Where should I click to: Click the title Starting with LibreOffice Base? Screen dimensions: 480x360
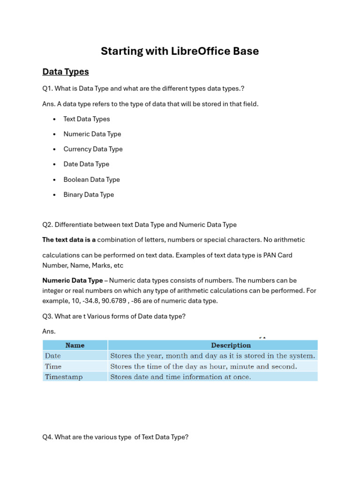coord(180,51)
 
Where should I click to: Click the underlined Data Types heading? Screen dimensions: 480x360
coord(65,72)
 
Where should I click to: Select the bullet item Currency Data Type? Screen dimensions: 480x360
coord(93,149)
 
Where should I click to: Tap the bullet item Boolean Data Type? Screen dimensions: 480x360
coord(91,180)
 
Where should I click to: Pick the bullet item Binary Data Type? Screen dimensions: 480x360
coord(89,195)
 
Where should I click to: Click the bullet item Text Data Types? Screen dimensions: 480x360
coord(86,119)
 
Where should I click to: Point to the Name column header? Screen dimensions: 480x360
coord(75,345)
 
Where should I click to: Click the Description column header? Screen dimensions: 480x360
coord(231,345)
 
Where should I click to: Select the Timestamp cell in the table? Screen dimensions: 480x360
coord(63,377)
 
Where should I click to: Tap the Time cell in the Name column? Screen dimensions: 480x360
coord(53,367)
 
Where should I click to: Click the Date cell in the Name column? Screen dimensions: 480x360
coord(52,356)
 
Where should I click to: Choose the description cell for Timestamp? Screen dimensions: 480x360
coord(180,377)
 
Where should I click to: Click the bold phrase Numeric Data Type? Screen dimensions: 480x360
coord(72,280)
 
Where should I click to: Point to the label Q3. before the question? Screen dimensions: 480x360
coord(47,316)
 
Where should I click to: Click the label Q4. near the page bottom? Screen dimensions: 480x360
coord(47,437)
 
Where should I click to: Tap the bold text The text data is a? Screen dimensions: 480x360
coord(69,240)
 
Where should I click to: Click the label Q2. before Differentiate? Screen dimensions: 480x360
coord(47,225)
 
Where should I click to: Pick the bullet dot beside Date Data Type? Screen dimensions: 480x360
coord(55,165)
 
